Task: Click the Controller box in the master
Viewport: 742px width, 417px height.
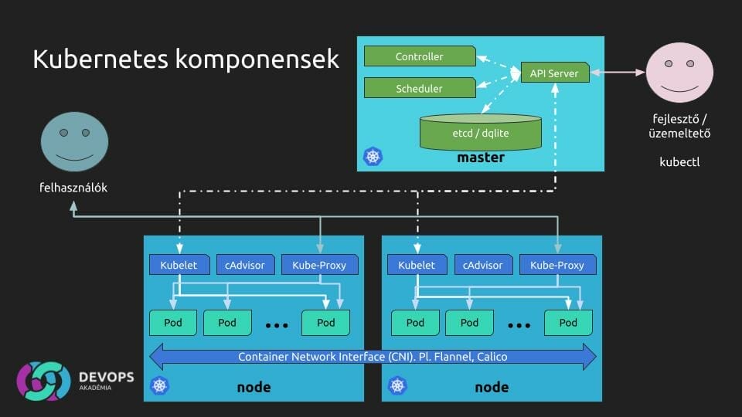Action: [x=419, y=56]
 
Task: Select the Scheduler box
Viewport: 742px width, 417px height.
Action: [x=419, y=88]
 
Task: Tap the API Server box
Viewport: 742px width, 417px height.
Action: [x=554, y=73]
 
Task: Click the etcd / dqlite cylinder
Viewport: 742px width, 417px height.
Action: [x=480, y=132]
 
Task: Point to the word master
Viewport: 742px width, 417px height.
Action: [x=480, y=158]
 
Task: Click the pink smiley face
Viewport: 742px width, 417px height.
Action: [x=679, y=73]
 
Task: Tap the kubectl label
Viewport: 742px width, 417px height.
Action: [x=679, y=162]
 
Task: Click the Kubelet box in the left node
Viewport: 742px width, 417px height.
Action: [x=179, y=265]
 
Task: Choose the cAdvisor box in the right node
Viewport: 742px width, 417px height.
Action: [x=483, y=265]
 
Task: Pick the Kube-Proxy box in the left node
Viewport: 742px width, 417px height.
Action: [x=319, y=265]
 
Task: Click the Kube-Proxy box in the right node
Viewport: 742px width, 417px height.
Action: [x=557, y=265]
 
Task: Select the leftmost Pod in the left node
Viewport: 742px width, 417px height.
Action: [x=173, y=322]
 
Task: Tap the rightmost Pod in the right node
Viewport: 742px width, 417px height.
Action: [x=568, y=322]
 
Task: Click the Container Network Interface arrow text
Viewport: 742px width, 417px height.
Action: [x=373, y=357]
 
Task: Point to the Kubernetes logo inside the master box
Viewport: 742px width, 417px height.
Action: [x=373, y=157]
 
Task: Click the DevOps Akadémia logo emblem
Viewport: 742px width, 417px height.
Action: [x=44, y=381]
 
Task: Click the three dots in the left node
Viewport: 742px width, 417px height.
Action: [x=276, y=325]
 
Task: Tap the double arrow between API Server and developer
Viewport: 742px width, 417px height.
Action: [x=618, y=73]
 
